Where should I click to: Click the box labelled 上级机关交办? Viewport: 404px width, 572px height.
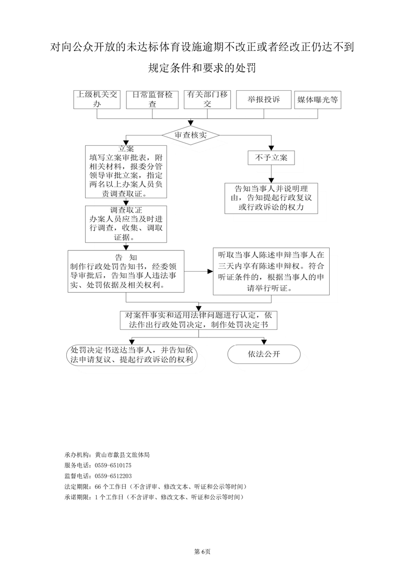pos(97,99)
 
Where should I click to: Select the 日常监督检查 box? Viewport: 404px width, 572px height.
pos(152,99)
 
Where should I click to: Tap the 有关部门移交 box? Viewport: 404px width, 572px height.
pos(207,99)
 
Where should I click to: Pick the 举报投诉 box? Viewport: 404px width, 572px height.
pos(263,99)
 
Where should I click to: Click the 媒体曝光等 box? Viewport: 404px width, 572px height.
pos(317,99)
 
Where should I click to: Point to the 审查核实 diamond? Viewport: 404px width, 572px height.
pos(191,135)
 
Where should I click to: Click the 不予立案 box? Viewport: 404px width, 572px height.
pos(271,158)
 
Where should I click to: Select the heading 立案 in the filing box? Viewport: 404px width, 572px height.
pos(126,149)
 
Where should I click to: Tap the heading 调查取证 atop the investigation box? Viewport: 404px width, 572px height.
pos(126,210)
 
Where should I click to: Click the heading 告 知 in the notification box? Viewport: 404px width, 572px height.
pos(126,257)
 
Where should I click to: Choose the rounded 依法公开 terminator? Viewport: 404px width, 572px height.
pos(264,354)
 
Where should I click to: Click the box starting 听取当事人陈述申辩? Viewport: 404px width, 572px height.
pos(271,271)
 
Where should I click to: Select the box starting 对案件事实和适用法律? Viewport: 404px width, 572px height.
pos(199,320)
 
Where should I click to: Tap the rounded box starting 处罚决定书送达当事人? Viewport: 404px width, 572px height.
pos(131,355)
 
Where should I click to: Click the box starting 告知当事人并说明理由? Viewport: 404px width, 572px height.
pos(271,198)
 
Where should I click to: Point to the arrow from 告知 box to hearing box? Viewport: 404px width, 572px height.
pos(199,271)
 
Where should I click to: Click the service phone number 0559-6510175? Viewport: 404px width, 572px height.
pos(113,465)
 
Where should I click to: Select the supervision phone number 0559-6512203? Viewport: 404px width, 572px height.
pos(113,476)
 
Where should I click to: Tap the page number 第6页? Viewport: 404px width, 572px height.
pos(202,552)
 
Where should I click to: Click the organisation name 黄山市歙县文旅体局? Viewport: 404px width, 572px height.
pos(122,455)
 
